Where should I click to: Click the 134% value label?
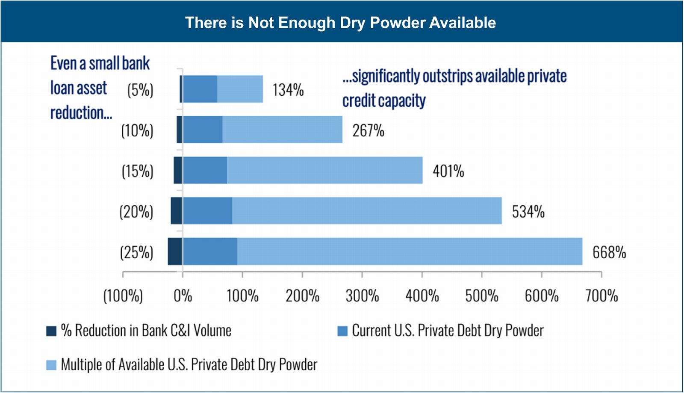(288, 90)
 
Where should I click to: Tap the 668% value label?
(609, 252)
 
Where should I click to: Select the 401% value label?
(448, 171)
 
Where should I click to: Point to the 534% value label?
(528, 212)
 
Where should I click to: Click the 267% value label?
(368, 130)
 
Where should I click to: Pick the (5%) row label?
(140, 90)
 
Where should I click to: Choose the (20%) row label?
(136, 212)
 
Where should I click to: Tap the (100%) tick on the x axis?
(123, 296)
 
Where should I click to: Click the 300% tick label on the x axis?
(362, 296)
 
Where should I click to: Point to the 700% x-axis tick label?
(601, 296)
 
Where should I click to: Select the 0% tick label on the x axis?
(183, 296)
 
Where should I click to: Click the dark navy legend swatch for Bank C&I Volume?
(51, 331)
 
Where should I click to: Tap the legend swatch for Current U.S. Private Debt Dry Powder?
(342, 331)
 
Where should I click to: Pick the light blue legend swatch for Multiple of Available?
(51, 365)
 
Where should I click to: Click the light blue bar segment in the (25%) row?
(410, 251)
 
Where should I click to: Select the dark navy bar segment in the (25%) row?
(175, 251)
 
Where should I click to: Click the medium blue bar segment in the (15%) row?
(205, 170)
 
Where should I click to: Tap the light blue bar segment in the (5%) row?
(240, 89)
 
